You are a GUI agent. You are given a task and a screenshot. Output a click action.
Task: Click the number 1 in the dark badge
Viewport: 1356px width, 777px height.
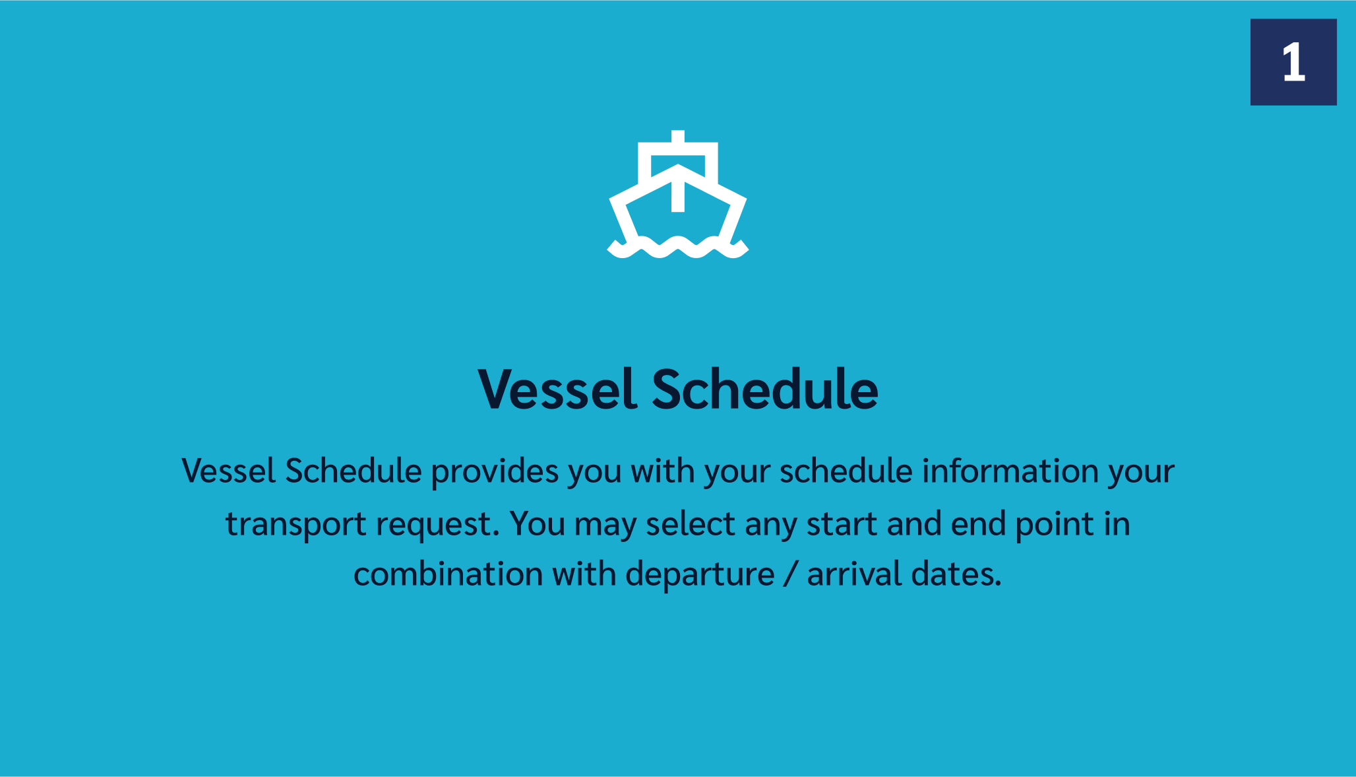click(1293, 63)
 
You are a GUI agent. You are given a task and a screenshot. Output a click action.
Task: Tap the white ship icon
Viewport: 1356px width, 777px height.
click(678, 194)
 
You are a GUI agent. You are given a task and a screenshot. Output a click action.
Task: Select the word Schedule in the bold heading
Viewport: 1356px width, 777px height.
click(765, 389)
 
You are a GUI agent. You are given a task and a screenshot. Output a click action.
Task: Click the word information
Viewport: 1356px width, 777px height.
click(1010, 471)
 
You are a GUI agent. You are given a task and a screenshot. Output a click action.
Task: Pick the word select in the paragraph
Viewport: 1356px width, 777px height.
click(690, 524)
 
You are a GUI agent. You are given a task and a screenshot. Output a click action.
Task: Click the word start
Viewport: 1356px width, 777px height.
click(842, 525)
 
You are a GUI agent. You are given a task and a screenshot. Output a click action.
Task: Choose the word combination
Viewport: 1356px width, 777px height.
click(448, 574)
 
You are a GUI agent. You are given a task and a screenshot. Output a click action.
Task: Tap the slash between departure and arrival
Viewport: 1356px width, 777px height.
click(790, 574)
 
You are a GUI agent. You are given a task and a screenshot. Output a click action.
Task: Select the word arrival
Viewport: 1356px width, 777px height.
click(854, 574)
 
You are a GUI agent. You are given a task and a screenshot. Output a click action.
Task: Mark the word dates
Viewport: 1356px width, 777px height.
click(956, 574)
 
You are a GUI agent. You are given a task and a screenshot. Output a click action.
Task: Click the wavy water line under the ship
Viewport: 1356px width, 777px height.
click(678, 248)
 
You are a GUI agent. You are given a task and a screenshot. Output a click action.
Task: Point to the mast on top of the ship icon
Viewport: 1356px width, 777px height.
click(678, 136)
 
